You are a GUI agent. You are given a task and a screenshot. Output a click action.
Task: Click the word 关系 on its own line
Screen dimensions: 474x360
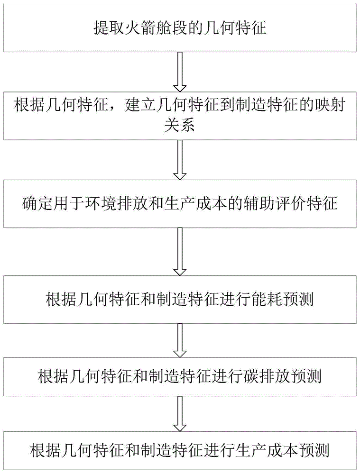180,127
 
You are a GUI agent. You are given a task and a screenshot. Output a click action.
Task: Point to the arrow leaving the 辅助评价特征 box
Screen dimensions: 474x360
180,251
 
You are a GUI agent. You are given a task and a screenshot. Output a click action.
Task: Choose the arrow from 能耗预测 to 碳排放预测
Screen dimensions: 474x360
180,341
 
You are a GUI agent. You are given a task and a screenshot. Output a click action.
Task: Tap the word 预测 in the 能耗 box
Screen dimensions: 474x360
303,300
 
